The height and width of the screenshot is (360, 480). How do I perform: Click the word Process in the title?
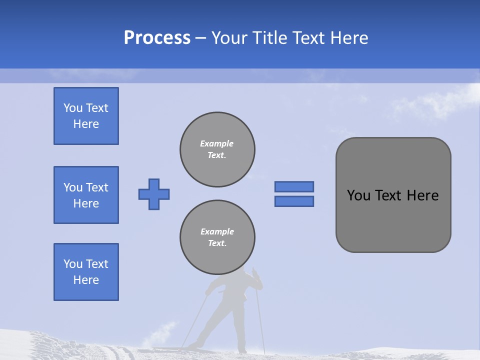(157, 38)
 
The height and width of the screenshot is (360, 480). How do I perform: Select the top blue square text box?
(86, 116)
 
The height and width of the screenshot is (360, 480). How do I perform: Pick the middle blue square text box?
(86, 195)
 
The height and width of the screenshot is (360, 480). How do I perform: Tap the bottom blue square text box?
(86, 272)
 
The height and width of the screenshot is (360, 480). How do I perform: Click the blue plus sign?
(154, 194)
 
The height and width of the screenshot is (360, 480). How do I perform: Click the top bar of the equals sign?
(294, 186)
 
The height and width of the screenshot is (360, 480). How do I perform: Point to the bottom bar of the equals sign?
(294, 201)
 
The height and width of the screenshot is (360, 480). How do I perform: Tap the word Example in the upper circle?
(216, 143)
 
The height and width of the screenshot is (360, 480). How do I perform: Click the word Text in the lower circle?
(216, 243)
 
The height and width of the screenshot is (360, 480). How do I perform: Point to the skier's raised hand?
(254, 272)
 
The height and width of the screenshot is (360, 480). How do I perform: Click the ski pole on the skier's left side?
(195, 320)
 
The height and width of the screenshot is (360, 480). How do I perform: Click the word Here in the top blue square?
(86, 124)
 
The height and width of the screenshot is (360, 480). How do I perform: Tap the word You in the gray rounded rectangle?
(358, 195)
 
